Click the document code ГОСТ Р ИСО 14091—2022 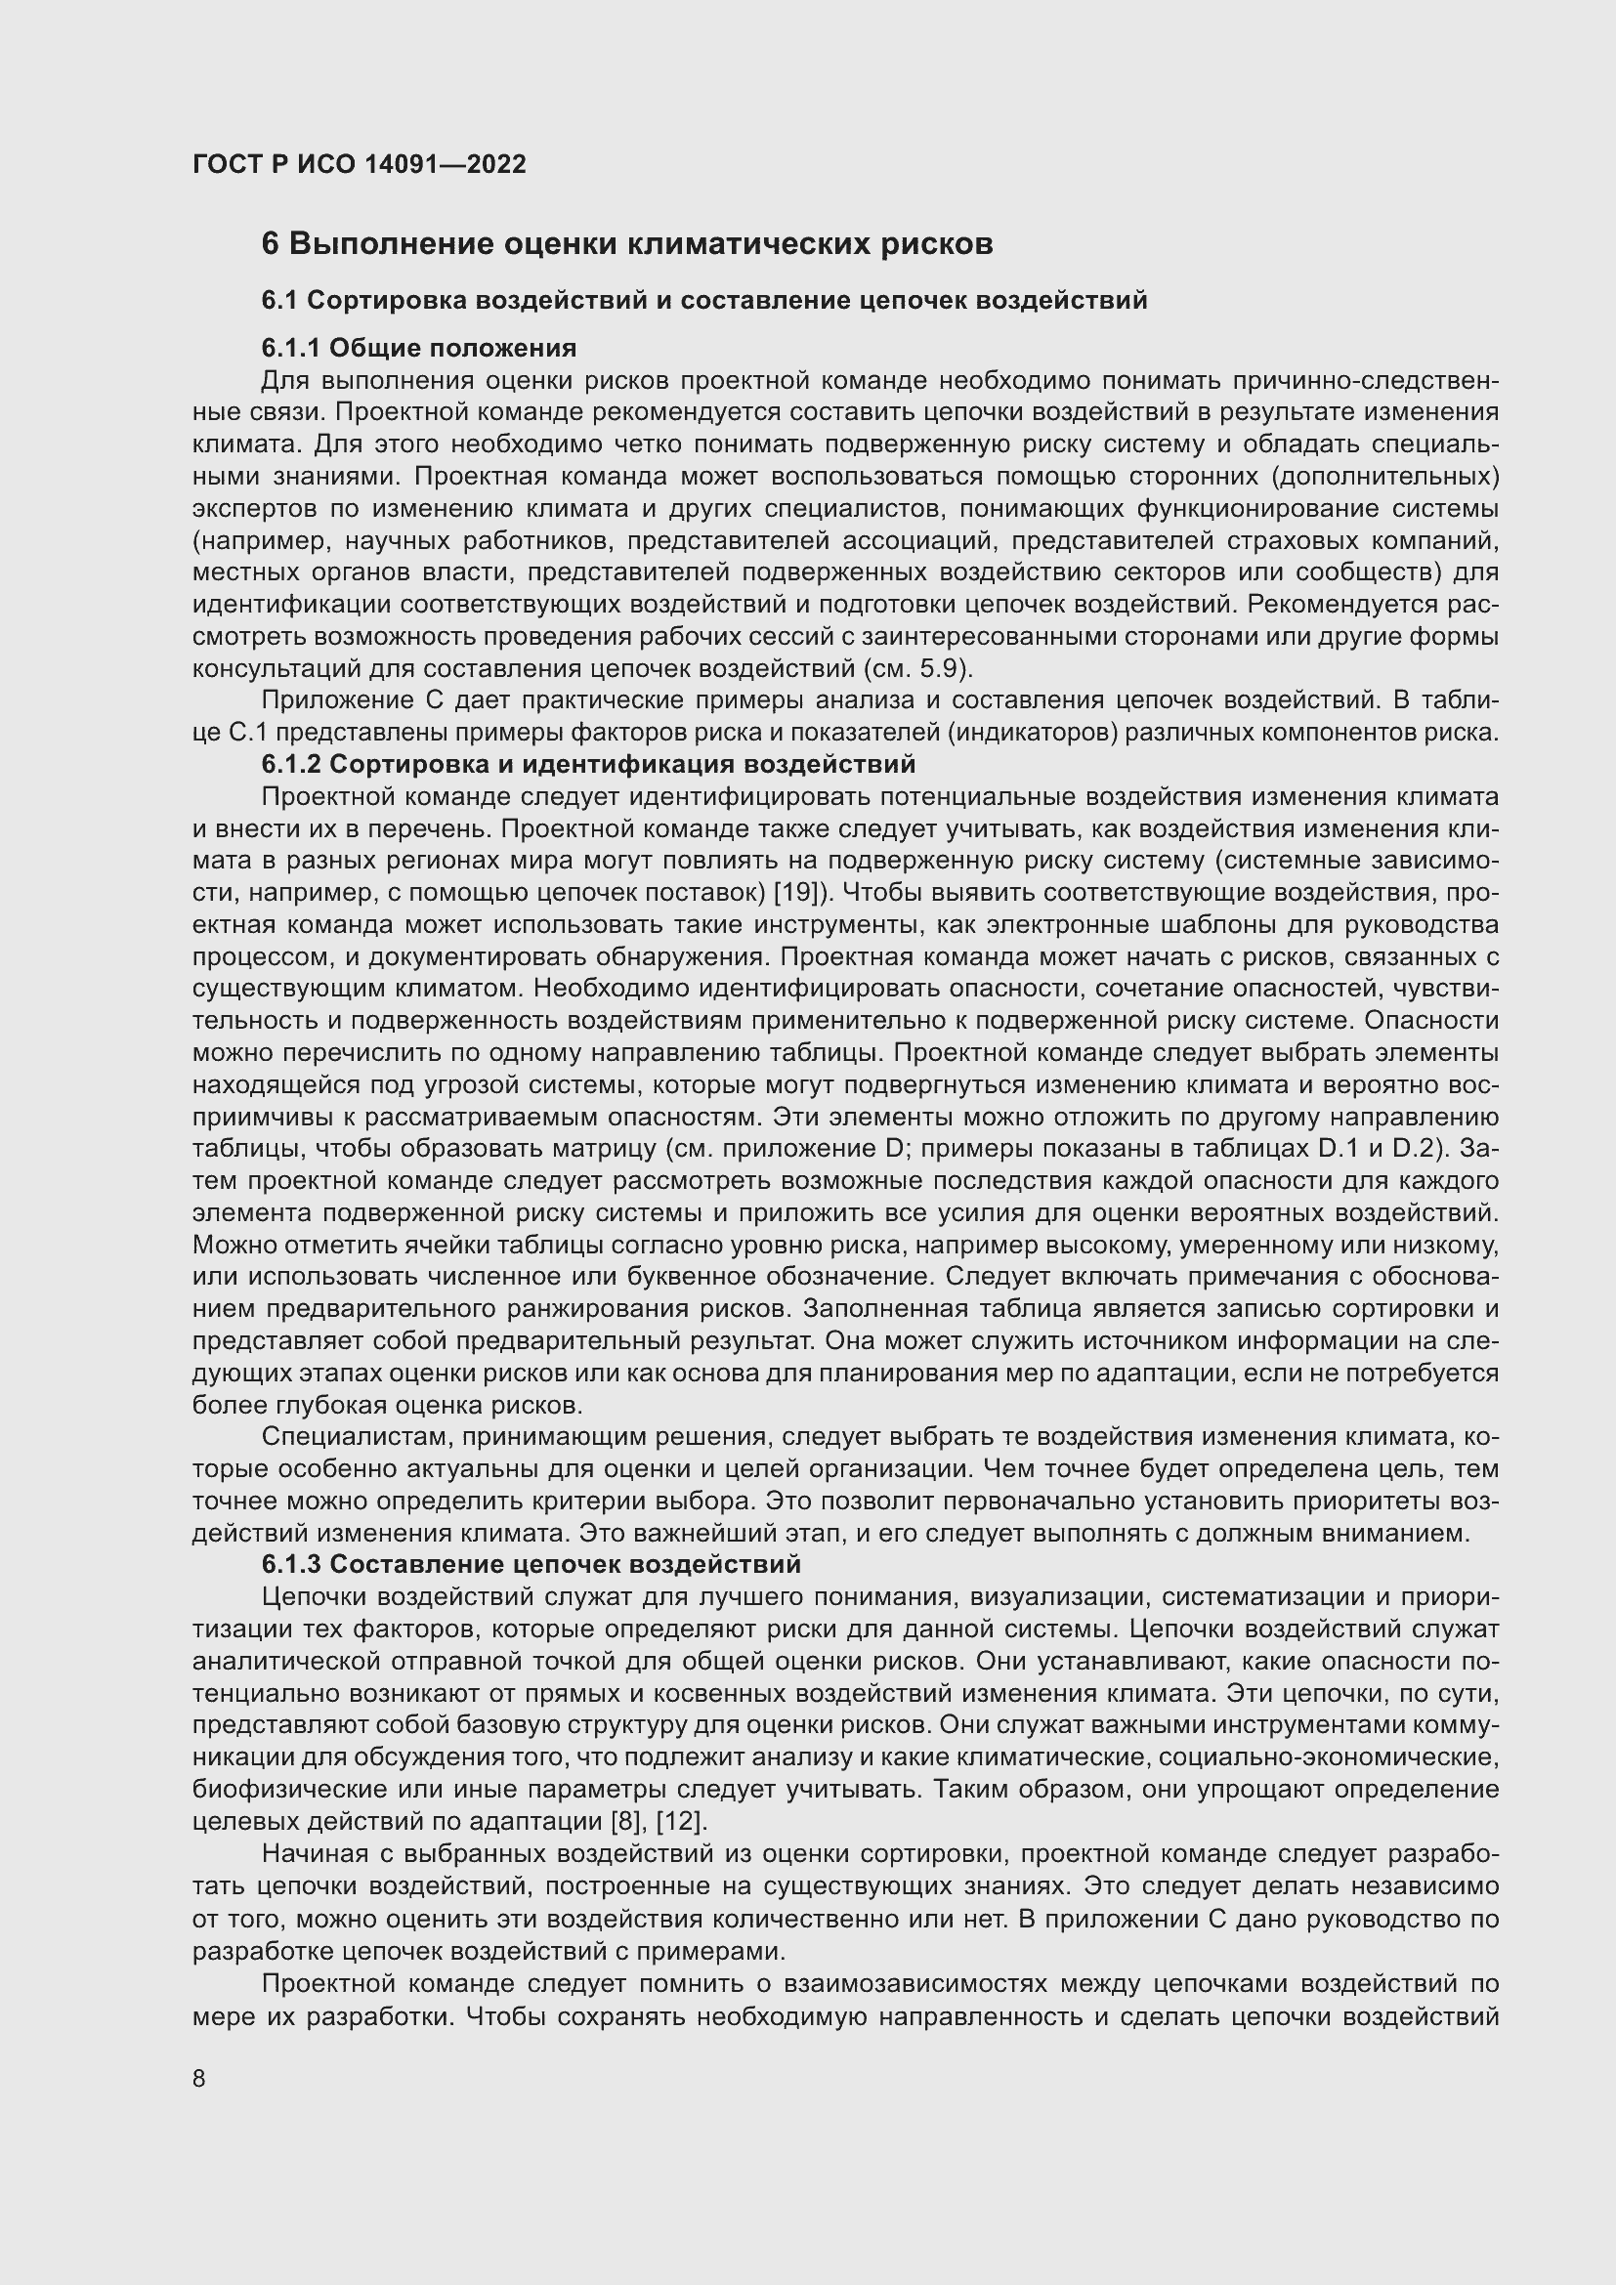(x=359, y=164)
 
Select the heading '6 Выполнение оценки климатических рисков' (x=627, y=244)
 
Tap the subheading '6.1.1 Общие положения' (x=419, y=348)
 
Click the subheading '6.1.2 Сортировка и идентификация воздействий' (x=588, y=764)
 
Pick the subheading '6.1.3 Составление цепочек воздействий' (x=532, y=1564)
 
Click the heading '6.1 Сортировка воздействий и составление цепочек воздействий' (x=704, y=300)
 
